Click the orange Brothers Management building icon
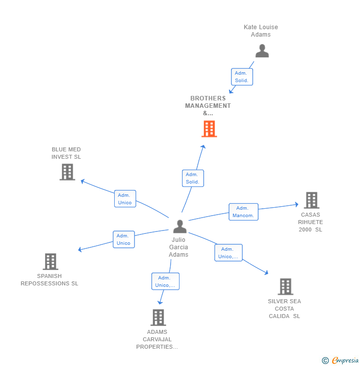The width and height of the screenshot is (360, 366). (x=209, y=129)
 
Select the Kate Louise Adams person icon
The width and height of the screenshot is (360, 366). (x=262, y=50)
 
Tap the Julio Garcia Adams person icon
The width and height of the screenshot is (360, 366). (x=180, y=227)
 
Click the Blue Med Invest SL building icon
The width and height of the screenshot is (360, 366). (x=67, y=172)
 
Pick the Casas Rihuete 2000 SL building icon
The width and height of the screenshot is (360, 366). (x=311, y=200)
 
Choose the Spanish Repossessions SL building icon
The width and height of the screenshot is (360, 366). (x=50, y=261)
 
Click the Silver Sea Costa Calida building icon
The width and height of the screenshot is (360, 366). (x=285, y=286)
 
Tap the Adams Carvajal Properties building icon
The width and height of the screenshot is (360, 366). (x=158, y=317)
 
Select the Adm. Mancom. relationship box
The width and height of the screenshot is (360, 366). (x=243, y=212)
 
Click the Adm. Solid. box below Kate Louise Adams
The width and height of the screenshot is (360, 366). (x=242, y=77)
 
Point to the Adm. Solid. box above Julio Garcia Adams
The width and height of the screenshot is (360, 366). (x=192, y=178)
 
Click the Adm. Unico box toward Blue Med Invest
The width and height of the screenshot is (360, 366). (x=125, y=199)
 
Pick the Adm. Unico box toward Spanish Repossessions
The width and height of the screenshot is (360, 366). (x=124, y=239)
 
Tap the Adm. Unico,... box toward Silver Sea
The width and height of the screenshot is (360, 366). (x=228, y=253)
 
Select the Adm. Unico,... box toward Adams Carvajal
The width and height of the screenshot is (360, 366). (x=165, y=281)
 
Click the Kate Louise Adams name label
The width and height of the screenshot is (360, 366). (x=261, y=31)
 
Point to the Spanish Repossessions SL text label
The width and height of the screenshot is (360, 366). (x=49, y=280)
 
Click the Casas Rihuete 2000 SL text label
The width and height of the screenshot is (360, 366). (x=311, y=222)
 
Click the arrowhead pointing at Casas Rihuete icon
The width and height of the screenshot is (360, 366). (x=296, y=204)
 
